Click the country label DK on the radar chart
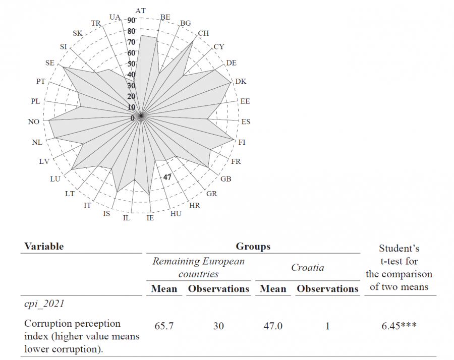[241, 81]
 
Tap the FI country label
[242, 143]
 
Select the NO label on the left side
[34, 122]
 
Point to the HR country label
[194, 206]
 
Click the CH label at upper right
[203, 33]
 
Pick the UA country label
[115, 17]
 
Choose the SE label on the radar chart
[50, 63]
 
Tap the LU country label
[55, 178]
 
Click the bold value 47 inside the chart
[168, 177]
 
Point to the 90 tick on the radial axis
[131, 21]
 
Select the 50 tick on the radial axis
[131, 64]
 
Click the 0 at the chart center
[133, 118]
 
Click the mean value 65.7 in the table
[164, 326]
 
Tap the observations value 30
[218, 326]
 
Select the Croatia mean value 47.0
[273, 326]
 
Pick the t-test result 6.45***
[399, 326]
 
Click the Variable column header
[44, 247]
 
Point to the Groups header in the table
[253, 247]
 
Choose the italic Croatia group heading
[308, 268]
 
